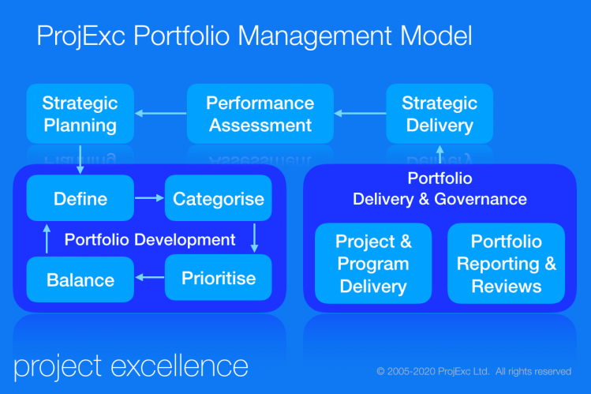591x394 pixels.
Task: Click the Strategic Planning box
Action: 80,114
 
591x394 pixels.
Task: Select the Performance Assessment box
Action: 260,114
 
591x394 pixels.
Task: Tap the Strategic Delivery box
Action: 440,114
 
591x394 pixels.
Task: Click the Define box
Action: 80,198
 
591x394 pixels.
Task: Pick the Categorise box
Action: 219,198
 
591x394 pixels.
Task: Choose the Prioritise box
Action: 219,277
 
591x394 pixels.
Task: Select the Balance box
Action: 80,280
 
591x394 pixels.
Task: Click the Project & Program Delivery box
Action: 373,264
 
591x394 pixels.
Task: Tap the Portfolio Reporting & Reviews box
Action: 506,264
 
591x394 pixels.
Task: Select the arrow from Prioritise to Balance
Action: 149,277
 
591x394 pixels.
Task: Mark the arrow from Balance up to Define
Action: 47,238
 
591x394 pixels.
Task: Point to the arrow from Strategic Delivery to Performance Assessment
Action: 360,114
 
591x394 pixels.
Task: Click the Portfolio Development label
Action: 150,239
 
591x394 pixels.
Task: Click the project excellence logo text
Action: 131,366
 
